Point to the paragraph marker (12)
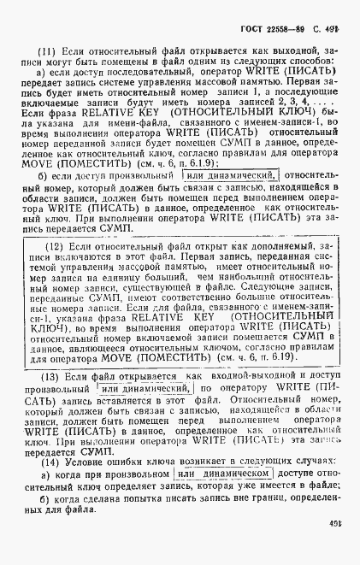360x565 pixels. point(55,244)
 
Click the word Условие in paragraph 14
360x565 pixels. point(90,462)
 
